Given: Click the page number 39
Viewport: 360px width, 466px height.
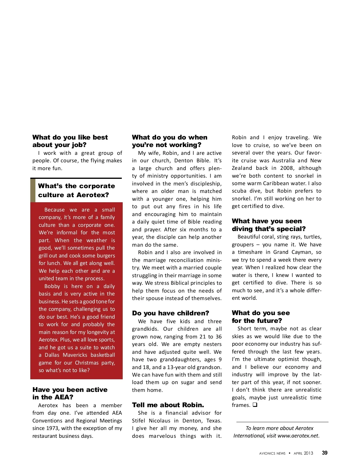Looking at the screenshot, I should click(x=325, y=453).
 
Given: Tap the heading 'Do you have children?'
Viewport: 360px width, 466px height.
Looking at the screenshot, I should click(x=170, y=313).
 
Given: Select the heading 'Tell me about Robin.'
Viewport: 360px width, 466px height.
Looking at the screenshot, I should click(x=168, y=405).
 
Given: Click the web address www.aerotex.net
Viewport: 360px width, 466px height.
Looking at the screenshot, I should click(x=297, y=436).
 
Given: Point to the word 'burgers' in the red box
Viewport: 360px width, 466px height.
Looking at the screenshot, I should click(x=104, y=256).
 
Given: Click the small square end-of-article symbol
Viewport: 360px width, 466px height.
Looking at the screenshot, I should click(x=255, y=405).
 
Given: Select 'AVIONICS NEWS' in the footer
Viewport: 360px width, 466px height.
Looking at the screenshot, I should click(x=272, y=453).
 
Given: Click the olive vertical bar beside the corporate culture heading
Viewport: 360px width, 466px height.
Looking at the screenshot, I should click(x=33, y=191).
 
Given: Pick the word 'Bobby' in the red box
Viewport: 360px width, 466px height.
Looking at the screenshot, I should click(x=52, y=286).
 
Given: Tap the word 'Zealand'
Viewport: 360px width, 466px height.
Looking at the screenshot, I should click(x=242, y=168).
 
